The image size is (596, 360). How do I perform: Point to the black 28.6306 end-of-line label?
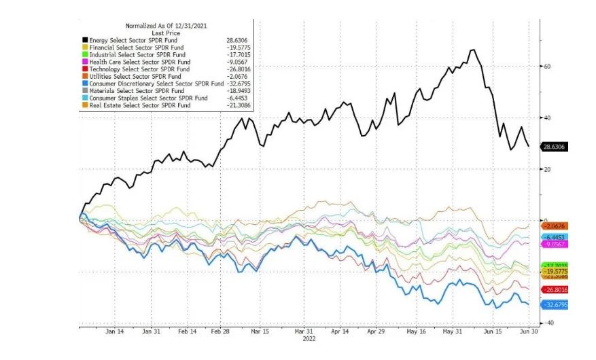(554, 147)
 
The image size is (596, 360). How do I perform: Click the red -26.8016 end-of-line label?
(554, 289)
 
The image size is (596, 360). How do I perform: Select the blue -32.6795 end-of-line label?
(554, 304)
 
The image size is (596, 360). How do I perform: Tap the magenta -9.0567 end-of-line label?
(554, 244)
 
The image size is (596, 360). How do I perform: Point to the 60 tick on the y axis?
(546, 67)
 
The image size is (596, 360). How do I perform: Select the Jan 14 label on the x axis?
(114, 332)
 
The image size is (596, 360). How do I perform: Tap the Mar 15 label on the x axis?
(260, 332)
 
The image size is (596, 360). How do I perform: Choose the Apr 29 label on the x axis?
(376, 332)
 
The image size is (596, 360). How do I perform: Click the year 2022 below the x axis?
(309, 339)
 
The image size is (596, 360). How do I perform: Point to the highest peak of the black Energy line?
(472, 50)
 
